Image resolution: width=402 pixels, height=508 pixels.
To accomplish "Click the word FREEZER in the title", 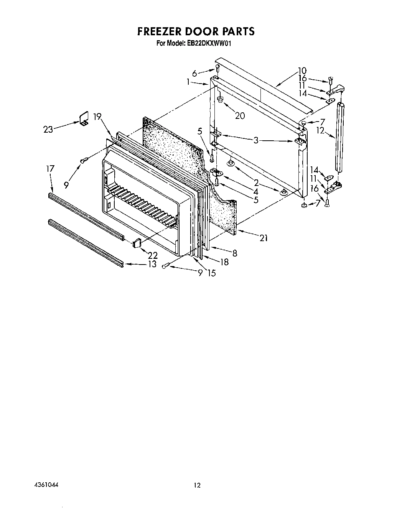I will [161, 31].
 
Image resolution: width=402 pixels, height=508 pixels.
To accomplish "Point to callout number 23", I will [48, 130].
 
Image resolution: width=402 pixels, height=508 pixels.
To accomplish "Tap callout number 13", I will [152, 264].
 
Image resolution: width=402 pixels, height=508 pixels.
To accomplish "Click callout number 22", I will [152, 255].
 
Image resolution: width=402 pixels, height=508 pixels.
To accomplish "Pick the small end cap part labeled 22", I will [137, 243].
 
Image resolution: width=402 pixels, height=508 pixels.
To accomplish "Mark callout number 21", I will [263, 238].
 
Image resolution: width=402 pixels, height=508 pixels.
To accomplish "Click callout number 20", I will [240, 115].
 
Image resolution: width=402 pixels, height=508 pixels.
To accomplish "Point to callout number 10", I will [302, 71].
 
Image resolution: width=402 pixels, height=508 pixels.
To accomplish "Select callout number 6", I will [194, 73].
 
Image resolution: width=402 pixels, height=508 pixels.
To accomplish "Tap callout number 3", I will [256, 141].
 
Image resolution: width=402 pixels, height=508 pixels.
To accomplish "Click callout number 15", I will [211, 273].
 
